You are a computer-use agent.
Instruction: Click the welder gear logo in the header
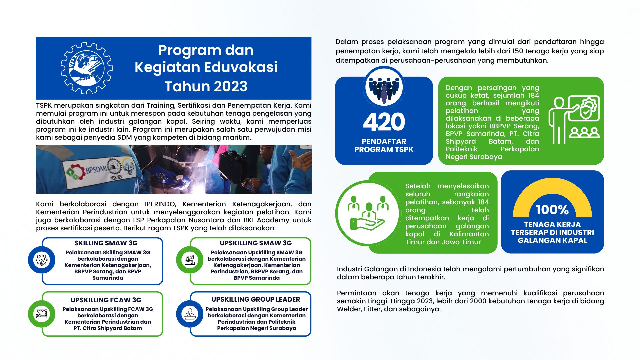pyautogui.click(x=86, y=68)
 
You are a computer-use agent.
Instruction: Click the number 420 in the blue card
pyautogui.click(x=384, y=122)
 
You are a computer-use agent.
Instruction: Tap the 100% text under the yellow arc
pyautogui.click(x=552, y=210)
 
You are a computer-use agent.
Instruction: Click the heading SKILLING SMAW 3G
pyautogui.click(x=106, y=243)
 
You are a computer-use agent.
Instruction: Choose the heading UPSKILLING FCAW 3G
pyautogui.click(x=106, y=300)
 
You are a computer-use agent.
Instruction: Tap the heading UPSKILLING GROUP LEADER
pyautogui.click(x=256, y=299)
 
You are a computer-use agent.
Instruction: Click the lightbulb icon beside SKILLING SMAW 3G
pyautogui.click(x=42, y=260)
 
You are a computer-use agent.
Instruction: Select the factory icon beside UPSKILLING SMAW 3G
pyautogui.click(x=190, y=260)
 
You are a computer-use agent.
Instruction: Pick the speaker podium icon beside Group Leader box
pyautogui.click(x=190, y=314)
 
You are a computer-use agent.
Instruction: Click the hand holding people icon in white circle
pyautogui.click(x=368, y=213)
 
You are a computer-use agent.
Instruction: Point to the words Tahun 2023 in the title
pyautogui.click(x=206, y=86)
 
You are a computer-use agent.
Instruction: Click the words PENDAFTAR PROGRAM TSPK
pyautogui.click(x=384, y=146)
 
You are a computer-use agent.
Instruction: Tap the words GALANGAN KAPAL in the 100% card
pyautogui.click(x=552, y=241)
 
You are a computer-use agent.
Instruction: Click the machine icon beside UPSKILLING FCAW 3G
pyautogui.click(x=42, y=314)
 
